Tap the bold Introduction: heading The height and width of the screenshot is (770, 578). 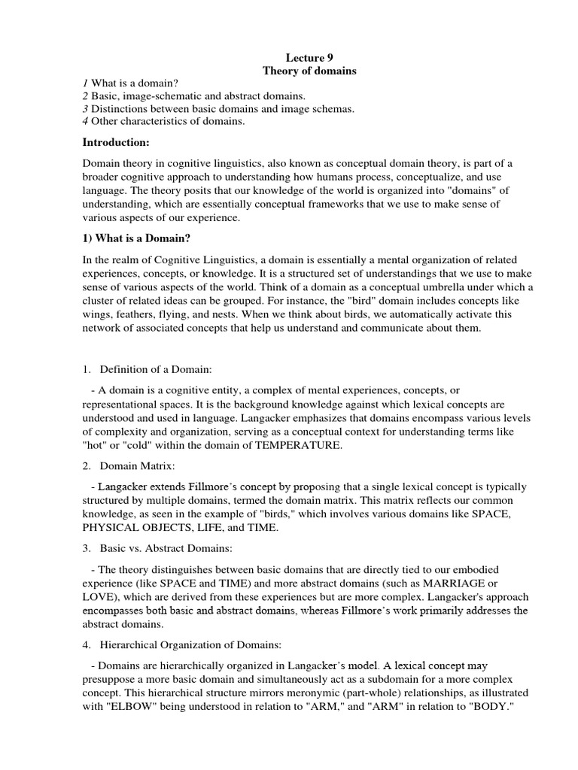click(117, 142)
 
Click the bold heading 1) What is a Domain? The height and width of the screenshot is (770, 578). click(137, 238)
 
